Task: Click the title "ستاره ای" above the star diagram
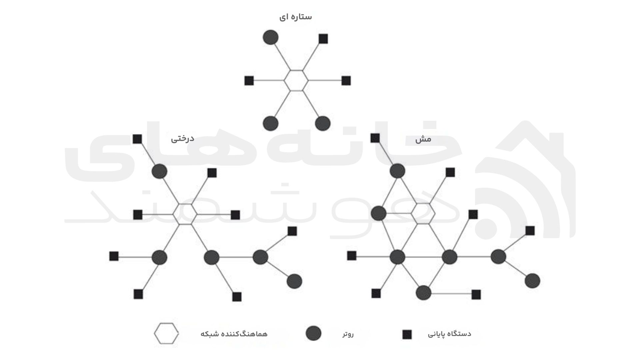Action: pos(296,17)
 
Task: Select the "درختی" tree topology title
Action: pos(183,139)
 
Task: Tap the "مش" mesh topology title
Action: pos(423,139)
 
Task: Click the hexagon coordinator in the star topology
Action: pos(296,80)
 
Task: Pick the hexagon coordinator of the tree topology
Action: pos(185,214)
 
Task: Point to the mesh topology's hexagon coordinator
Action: pos(423,214)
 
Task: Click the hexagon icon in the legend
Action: pos(166,333)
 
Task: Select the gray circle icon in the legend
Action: pos(313,333)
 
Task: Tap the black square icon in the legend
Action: pos(407,334)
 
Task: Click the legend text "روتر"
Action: pos(348,334)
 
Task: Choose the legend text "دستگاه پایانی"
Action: pos(449,334)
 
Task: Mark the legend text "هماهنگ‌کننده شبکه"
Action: pos(234,334)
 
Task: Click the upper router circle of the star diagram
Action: pos(271,37)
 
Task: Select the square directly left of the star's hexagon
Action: pos(249,81)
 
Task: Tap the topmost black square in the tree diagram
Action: pos(137,139)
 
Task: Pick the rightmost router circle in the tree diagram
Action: pos(294,281)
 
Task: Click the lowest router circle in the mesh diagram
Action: pos(424,293)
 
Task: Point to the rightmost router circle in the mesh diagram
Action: pos(532,281)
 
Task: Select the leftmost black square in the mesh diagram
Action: pos(352,256)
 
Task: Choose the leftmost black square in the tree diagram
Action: pos(114,256)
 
